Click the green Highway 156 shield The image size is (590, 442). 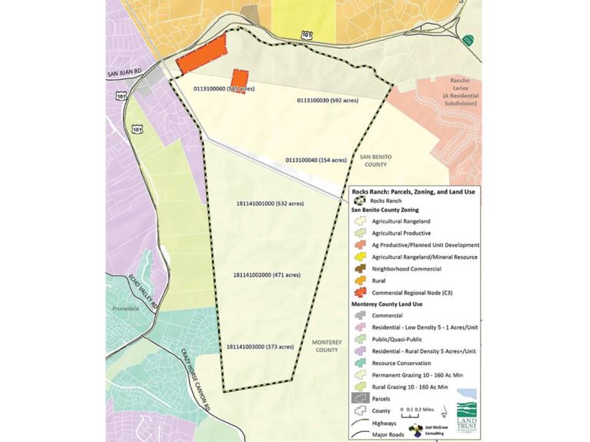point(468,39)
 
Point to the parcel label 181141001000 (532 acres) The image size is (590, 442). point(270,204)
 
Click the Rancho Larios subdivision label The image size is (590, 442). point(450,88)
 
